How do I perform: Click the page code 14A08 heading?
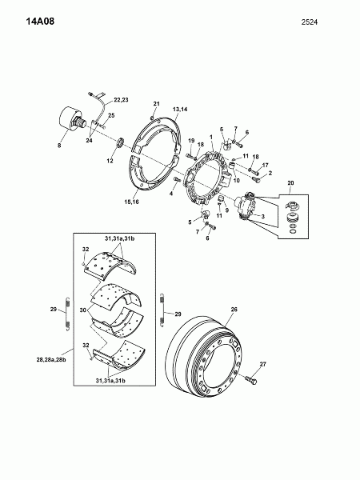(40, 22)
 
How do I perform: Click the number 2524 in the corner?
(310, 22)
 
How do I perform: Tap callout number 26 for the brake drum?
(234, 309)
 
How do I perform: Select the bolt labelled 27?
(251, 380)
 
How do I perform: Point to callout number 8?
(59, 146)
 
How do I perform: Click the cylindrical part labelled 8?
(72, 120)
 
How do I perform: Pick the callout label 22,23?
(122, 100)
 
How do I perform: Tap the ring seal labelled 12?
(120, 142)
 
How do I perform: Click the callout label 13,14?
(180, 110)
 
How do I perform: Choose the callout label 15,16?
(131, 202)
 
